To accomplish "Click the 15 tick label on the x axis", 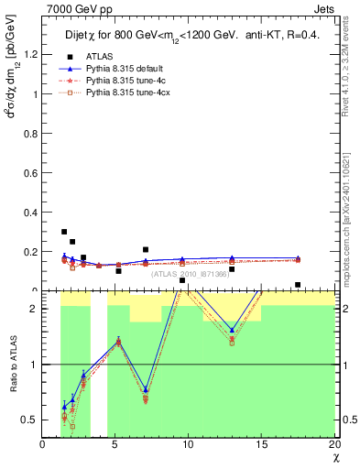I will click(262, 444).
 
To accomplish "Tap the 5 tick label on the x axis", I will click(115, 444).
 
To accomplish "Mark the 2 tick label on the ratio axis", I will click(36, 309).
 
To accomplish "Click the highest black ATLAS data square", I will click(64, 232).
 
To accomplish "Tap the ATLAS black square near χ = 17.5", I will click(298, 285).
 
